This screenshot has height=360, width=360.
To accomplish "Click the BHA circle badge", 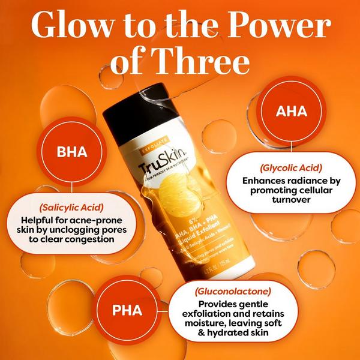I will [71, 151].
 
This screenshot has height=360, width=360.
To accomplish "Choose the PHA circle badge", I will [127, 310].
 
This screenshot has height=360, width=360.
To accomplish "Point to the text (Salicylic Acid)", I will [71, 206].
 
